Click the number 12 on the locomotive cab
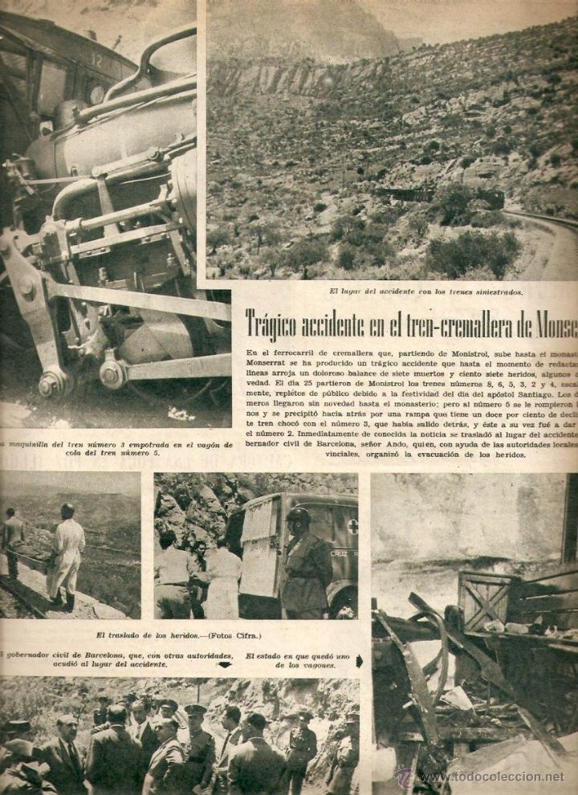click(x=98, y=59)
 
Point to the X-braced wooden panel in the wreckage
click(x=484, y=598)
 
